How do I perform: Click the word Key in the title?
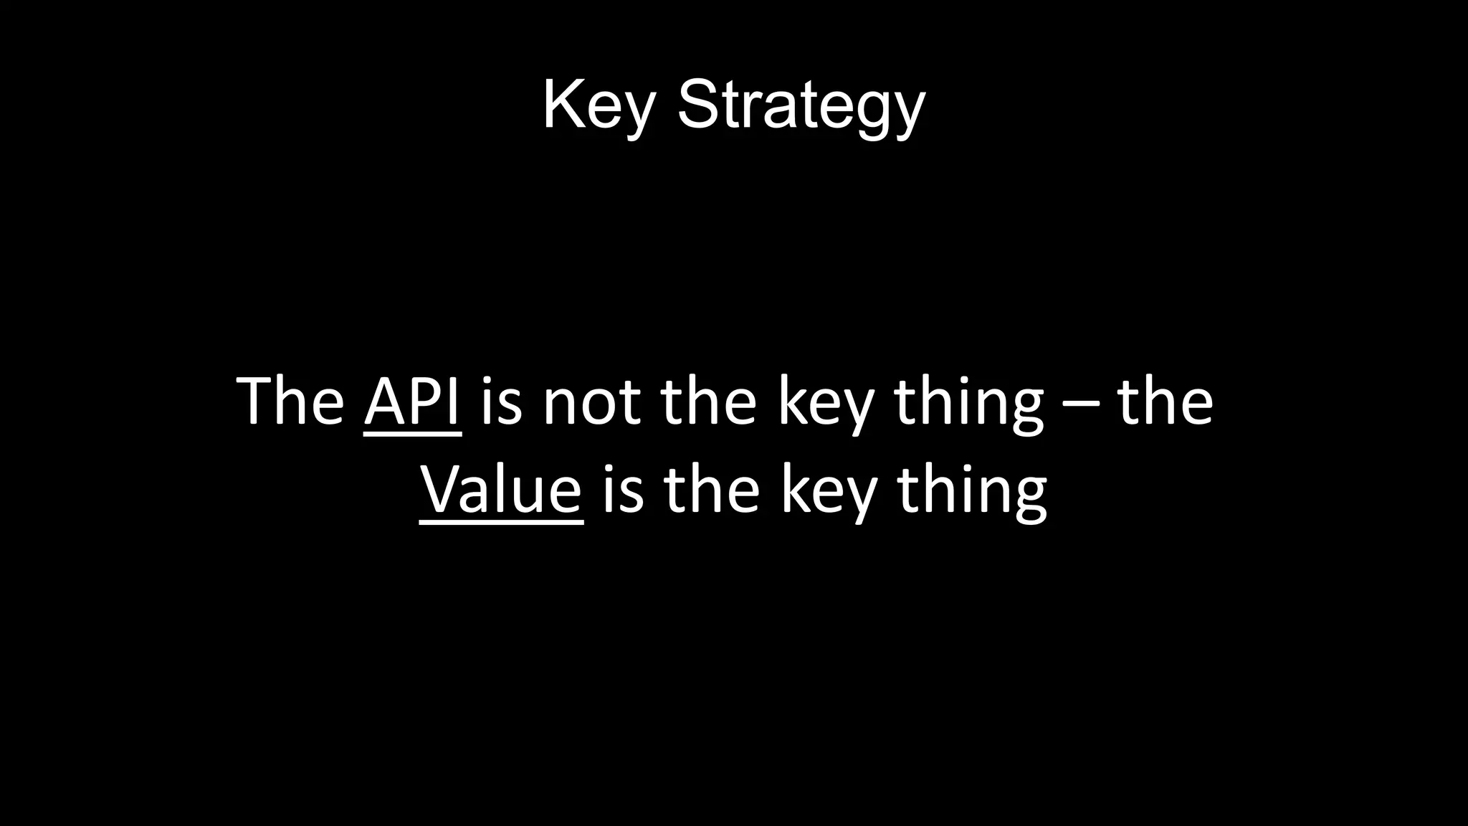tap(599, 106)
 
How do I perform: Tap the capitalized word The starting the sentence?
tap(290, 402)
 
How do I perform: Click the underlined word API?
tap(412, 402)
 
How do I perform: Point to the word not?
tap(591, 403)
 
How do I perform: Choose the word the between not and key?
tap(708, 402)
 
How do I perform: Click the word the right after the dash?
tap(1165, 402)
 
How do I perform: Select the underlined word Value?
tap(501, 490)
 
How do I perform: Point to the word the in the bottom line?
tap(712, 490)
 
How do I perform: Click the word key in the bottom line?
tap(829, 492)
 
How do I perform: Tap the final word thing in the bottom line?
tap(972, 492)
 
